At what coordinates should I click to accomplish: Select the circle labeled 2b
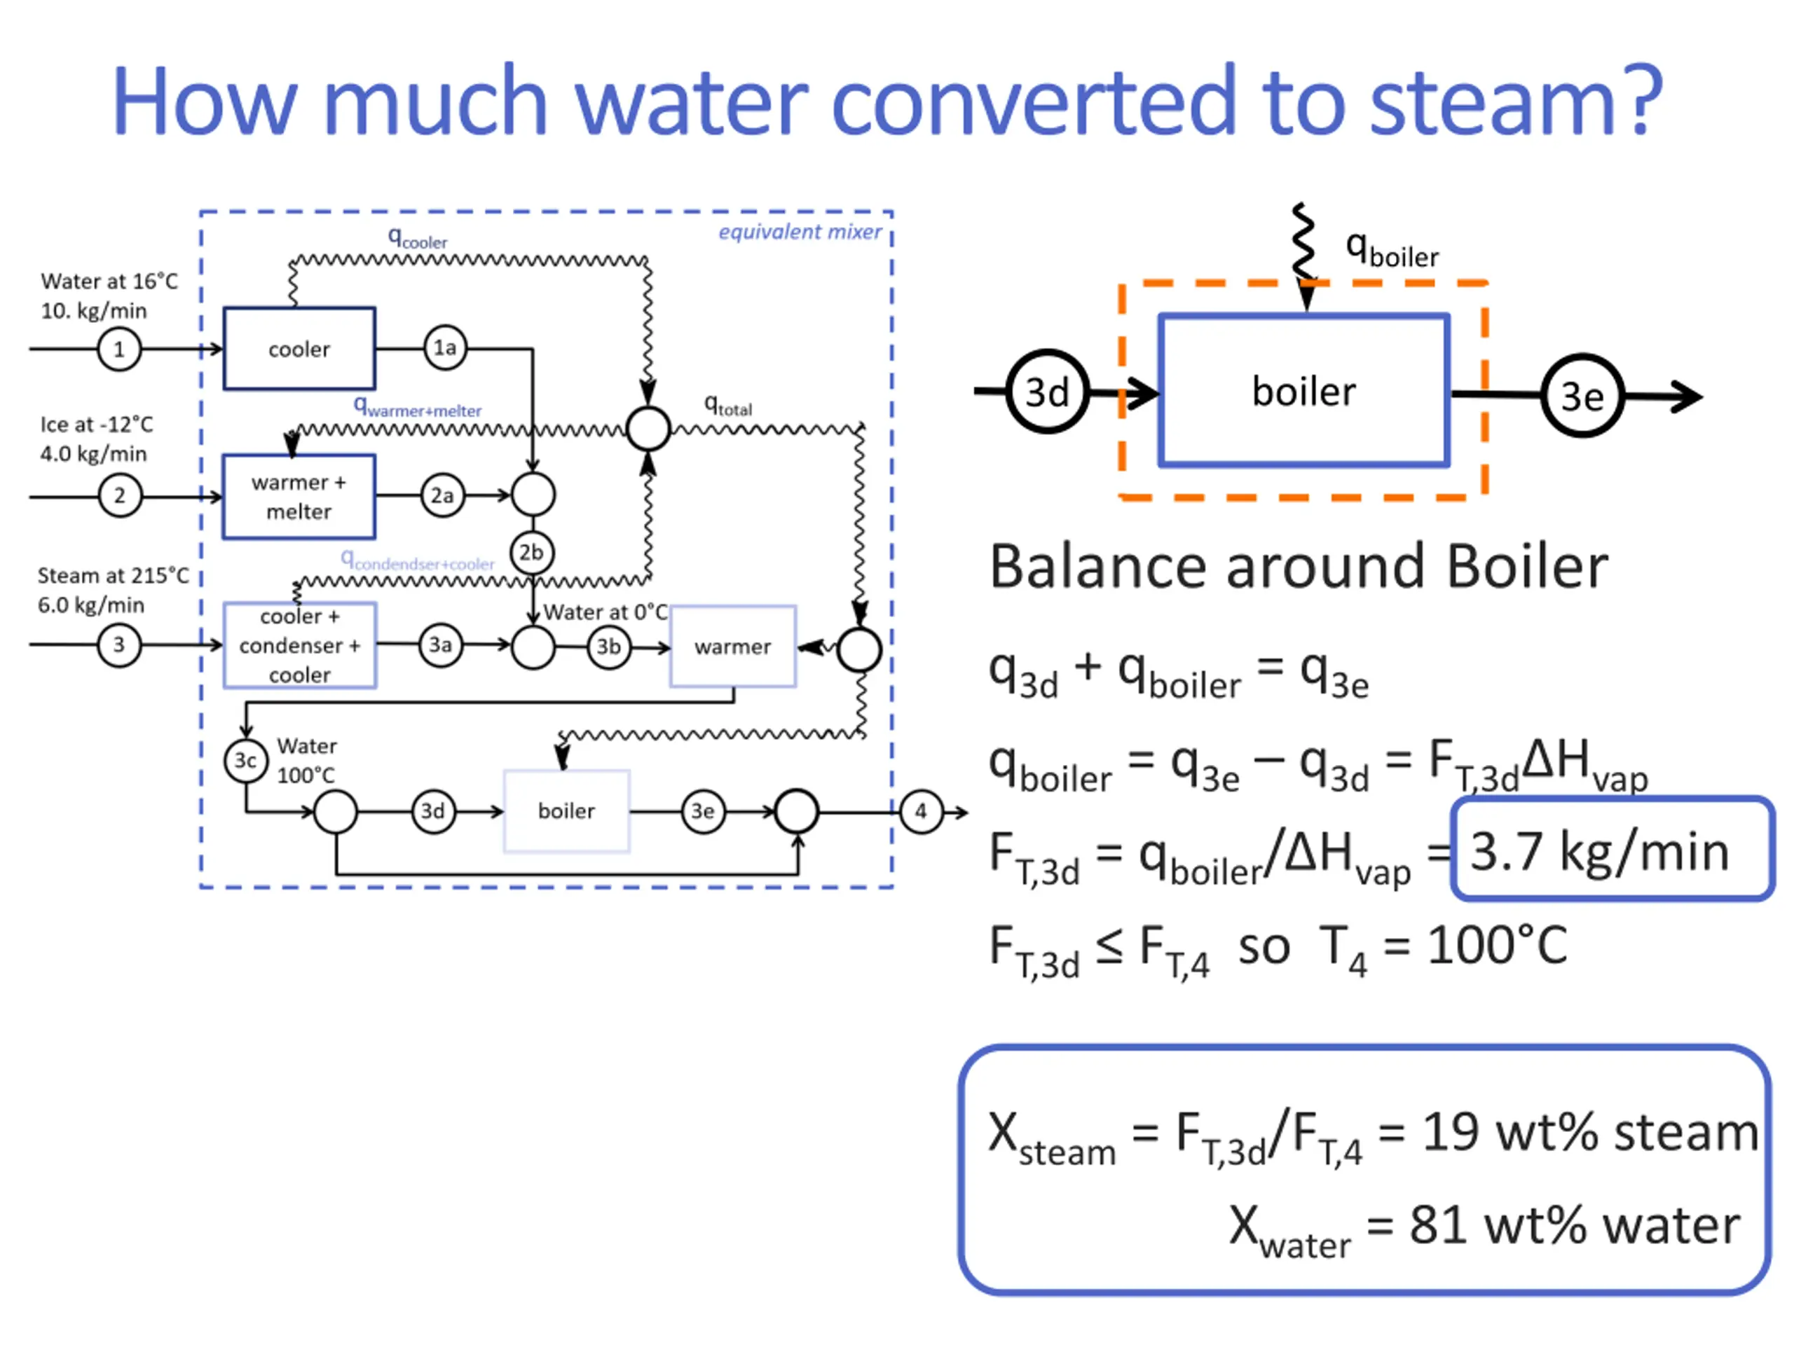(x=531, y=553)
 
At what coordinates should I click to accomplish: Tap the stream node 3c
(x=245, y=761)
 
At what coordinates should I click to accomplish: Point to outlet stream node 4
(x=921, y=811)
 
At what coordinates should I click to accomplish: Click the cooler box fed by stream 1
(x=299, y=349)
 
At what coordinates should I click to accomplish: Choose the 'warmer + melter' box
(x=299, y=496)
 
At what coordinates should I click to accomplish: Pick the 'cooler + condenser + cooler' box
(x=299, y=645)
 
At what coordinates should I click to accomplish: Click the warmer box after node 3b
(x=732, y=646)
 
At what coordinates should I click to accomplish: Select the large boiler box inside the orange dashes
(x=1303, y=391)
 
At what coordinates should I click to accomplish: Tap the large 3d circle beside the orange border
(x=1047, y=392)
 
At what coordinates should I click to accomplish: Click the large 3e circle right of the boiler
(x=1582, y=396)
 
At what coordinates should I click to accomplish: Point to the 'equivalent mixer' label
(x=799, y=232)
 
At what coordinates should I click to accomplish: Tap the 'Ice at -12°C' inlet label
(x=97, y=424)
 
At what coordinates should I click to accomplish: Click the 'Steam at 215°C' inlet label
(x=113, y=575)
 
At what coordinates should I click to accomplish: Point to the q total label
(x=727, y=405)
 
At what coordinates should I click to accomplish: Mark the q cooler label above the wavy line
(x=417, y=237)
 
